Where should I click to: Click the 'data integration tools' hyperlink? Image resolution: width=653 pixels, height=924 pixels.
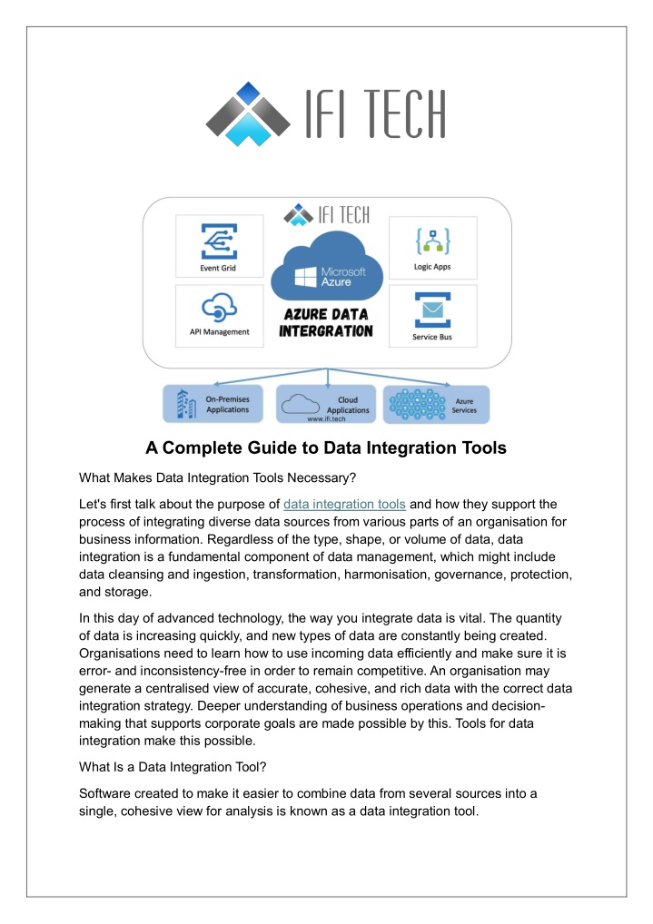tap(344, 505)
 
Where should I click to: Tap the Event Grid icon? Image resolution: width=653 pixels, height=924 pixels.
tap(219, 241)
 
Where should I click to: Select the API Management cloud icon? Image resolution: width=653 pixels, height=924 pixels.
tap(219, 307)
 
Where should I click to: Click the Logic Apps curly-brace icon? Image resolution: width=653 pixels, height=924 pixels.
tap(433, 241)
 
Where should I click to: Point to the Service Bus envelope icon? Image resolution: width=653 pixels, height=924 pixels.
tap(432, 310)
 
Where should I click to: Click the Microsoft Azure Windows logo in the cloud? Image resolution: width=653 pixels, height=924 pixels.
tap(305, 277)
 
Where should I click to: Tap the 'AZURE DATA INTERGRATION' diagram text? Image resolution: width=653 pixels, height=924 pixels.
tap(326, 323)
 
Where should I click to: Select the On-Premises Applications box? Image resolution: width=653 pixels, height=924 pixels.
tap(213, 404)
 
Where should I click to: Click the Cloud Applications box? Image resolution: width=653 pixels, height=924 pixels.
tap(326, 404)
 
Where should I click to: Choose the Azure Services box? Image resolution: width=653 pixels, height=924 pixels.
tap(437, 404)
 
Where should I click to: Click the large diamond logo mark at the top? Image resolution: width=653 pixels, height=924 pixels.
tap(248, 113)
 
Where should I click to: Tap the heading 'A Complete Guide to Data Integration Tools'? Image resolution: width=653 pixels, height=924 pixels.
tap(326, 447)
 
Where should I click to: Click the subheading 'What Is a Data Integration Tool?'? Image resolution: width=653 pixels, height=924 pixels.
tap(173, 767)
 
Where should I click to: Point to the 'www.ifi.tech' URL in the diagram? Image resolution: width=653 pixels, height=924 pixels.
tap(326, 419)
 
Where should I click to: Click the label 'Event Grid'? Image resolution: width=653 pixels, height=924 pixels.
tap(218, 268)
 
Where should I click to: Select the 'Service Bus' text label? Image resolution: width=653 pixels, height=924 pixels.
tap(432, 337)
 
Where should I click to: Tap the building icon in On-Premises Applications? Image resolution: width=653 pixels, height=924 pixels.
tap(186, 404)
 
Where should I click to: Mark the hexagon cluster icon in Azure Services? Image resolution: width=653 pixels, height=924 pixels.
tap(418, 404)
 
